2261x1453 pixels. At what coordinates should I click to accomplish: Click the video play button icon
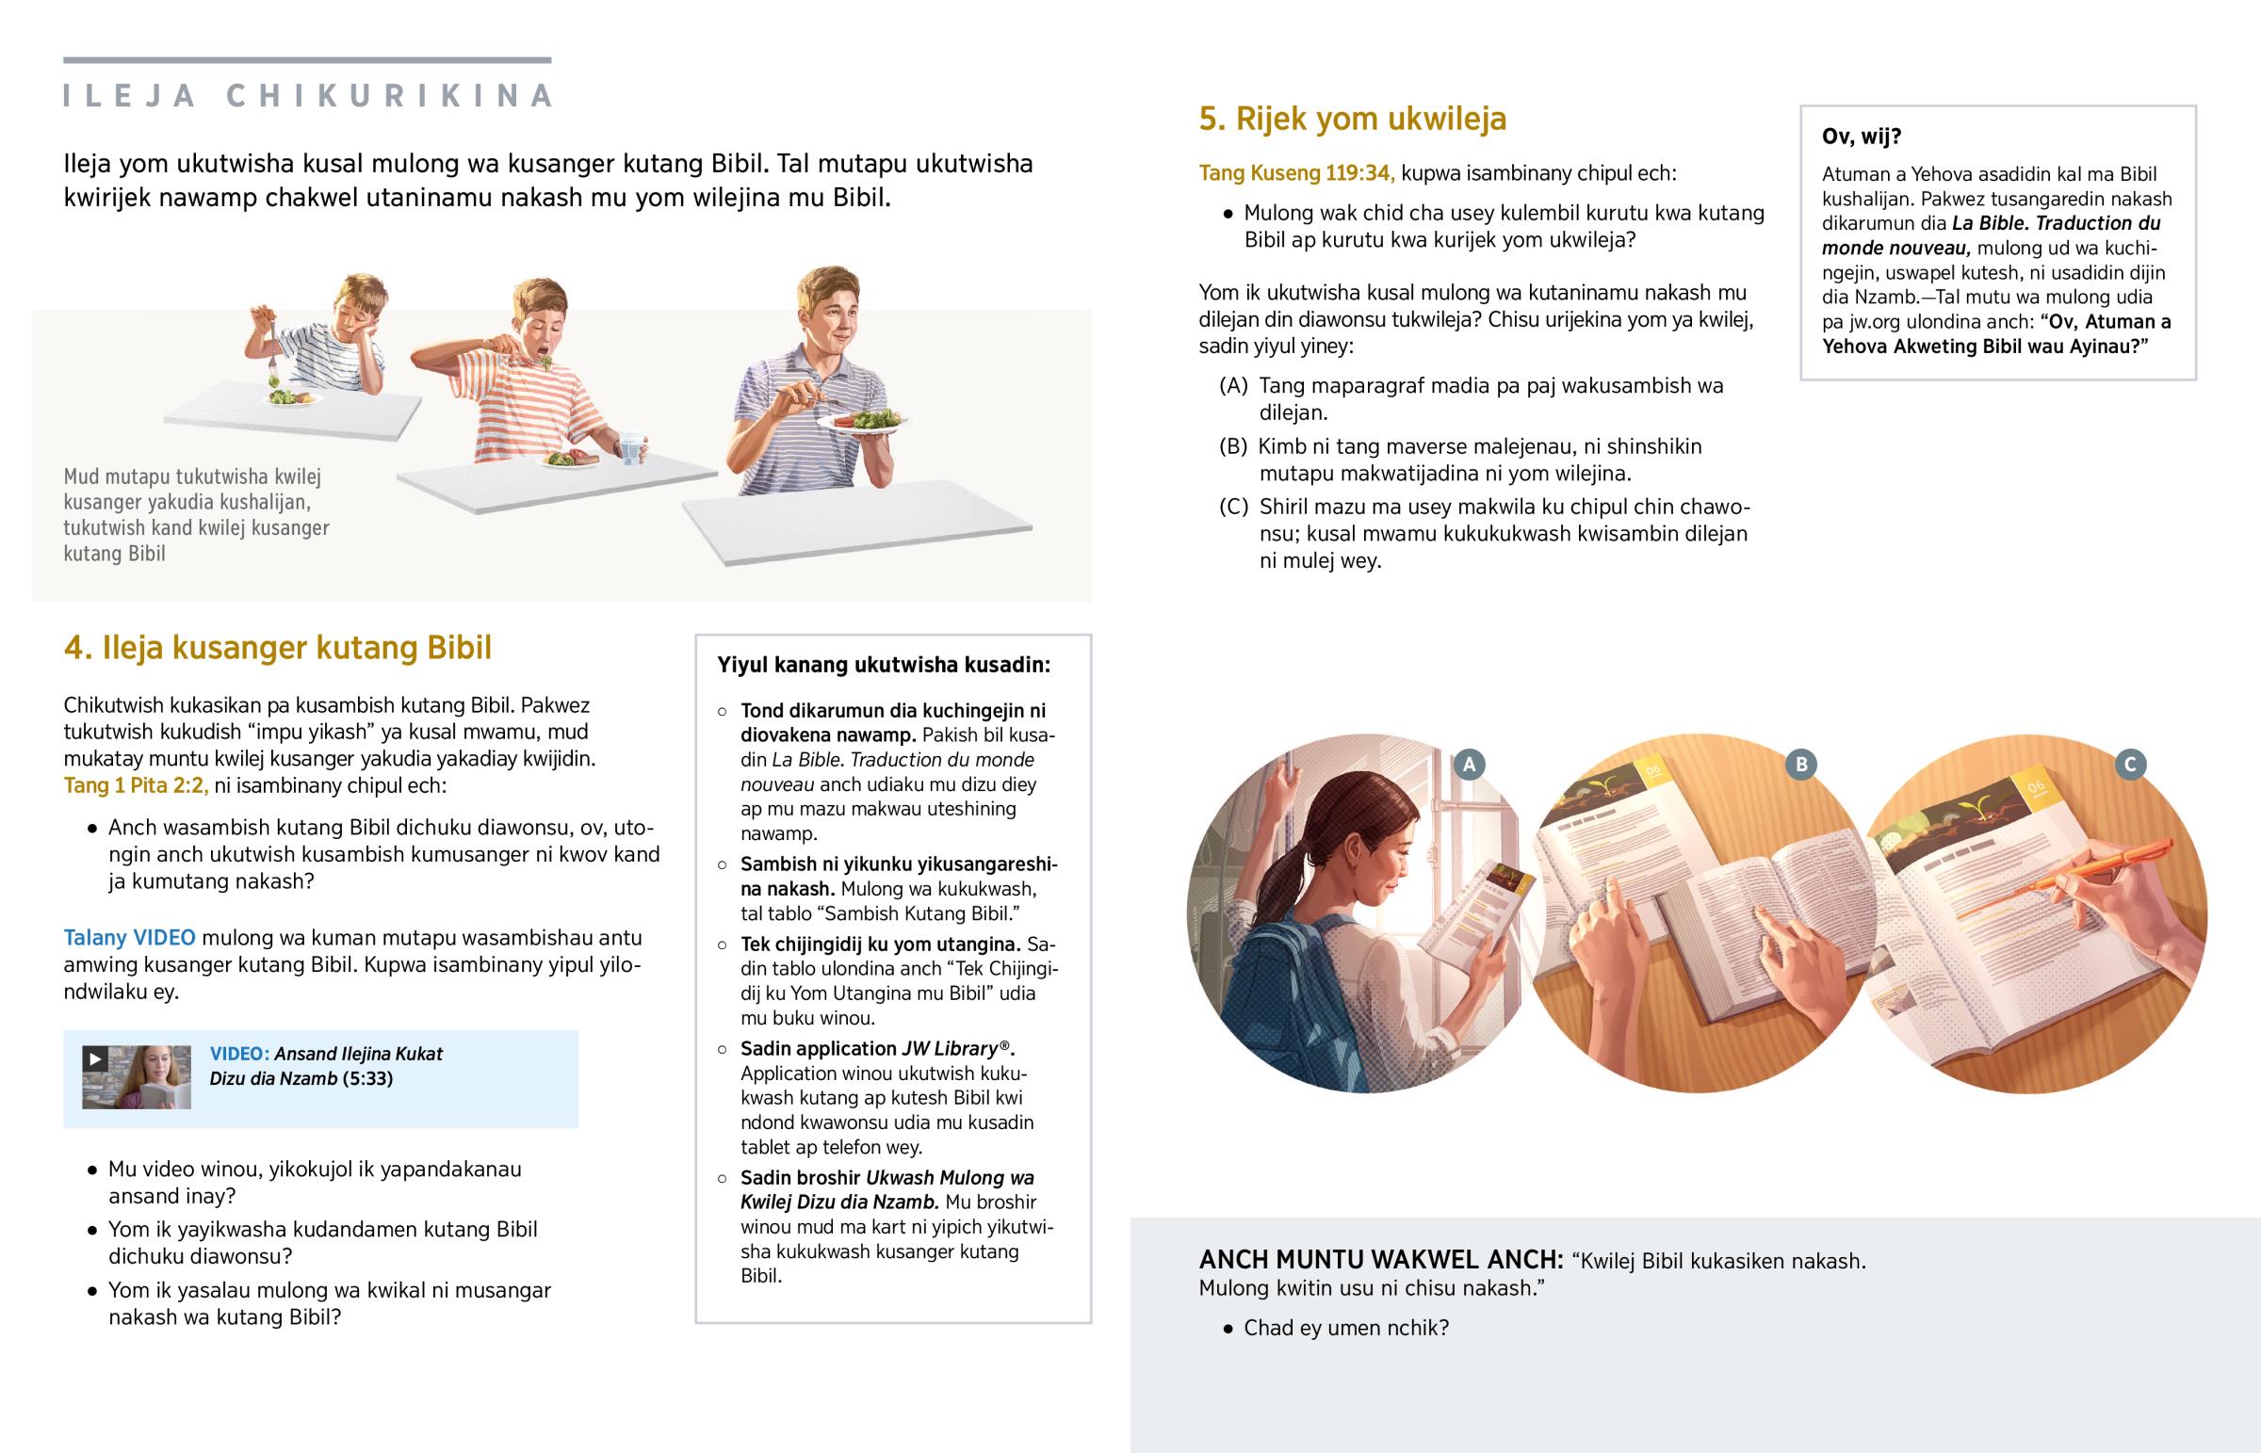94,1058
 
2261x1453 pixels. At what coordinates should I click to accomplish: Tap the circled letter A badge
1469,765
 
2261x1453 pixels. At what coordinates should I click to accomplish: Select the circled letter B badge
1801,765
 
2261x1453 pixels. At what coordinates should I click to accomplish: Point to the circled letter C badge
2131,765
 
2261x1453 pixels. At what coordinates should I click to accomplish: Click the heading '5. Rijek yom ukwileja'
1352,119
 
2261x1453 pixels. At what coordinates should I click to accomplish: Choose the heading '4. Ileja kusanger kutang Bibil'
277,648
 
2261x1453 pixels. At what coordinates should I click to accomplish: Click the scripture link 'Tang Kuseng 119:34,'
1296,173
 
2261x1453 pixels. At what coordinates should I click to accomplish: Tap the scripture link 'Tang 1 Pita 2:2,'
136,785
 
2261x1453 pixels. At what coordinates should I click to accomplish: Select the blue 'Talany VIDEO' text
129,938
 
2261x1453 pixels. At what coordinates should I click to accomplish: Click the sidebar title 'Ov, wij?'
1861,137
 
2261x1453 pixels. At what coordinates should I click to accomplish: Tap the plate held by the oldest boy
859,423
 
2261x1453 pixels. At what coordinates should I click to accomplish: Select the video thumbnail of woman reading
137,1077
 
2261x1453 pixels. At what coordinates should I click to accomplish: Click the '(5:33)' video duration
368,1078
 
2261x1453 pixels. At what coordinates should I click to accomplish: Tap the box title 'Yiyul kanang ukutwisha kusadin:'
884,665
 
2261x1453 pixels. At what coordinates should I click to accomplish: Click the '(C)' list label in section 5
1233,508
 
